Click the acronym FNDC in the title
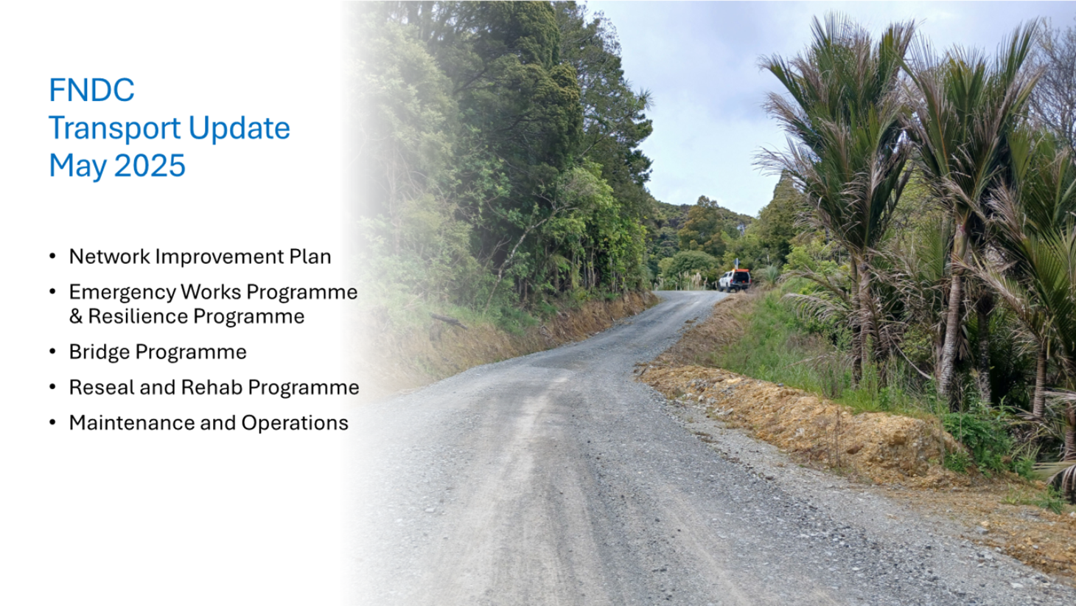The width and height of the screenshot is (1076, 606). point(91,90)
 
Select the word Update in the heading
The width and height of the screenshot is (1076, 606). point(240,128)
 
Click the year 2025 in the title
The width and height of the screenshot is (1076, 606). point(150,165)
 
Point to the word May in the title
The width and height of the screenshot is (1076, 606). point(78,167)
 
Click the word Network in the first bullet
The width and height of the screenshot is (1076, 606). point(110,257)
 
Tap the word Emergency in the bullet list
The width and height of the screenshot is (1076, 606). point(122,293)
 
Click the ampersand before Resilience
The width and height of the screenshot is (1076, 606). point(76,317)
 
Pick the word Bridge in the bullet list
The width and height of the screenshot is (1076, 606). point(99,352)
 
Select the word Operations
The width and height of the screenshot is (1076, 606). point(295,424)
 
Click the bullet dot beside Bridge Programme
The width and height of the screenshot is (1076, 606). point(52,352)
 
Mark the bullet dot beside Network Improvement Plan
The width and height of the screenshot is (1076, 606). point(52,256)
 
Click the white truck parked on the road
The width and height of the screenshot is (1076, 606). point(734,280)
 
